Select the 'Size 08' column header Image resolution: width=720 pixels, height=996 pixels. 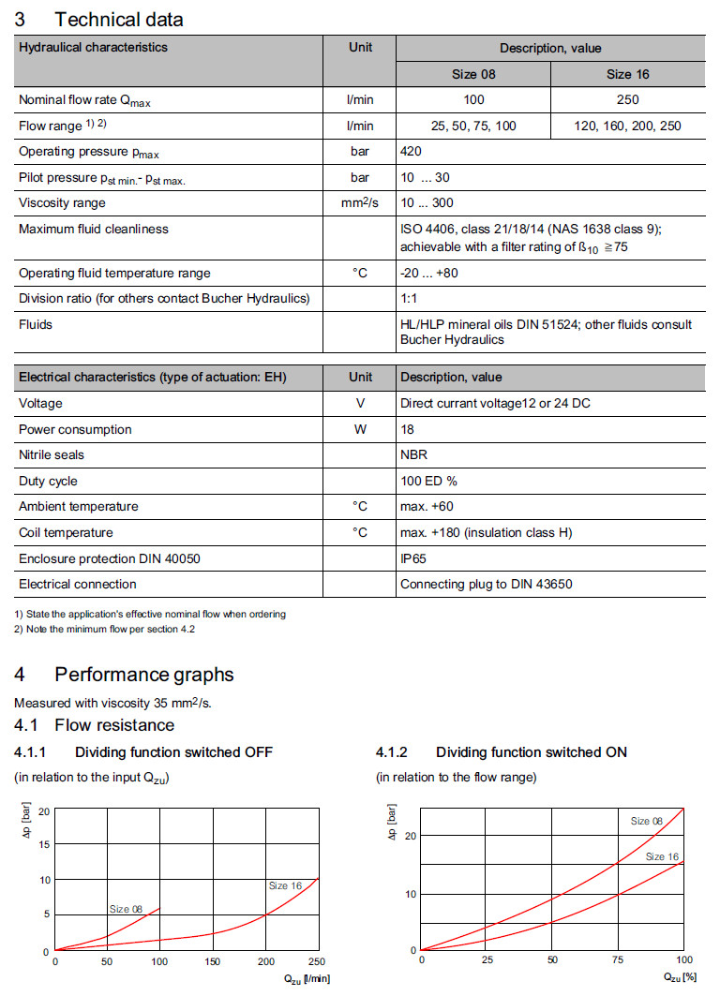[x=473, y=74]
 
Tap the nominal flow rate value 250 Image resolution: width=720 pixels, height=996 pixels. [x=627, y=99]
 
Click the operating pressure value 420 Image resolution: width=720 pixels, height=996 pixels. [x=411, y=151]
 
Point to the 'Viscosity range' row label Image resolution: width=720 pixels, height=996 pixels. [x=62, y=202]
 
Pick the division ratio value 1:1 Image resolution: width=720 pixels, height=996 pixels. [x=409, y=299]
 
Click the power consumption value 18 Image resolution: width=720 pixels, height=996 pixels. [x=408, y=429]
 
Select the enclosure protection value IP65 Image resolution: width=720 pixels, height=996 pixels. [x=414, y=558]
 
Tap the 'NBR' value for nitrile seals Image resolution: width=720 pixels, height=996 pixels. [x=413, y=454]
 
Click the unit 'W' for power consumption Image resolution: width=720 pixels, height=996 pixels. [x=359, y=429]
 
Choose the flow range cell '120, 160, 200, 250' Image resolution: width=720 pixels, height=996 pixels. [x=627, y=126]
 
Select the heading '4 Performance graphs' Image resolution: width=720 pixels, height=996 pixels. [x=124, y=675]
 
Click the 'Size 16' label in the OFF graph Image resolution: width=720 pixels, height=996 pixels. [x=285, y=885]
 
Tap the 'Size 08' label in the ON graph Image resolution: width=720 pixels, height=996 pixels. [x=646, y=821]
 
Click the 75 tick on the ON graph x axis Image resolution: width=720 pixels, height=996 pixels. [x=618, y=959]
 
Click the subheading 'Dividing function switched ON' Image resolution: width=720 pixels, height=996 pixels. [x=531, y=752]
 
